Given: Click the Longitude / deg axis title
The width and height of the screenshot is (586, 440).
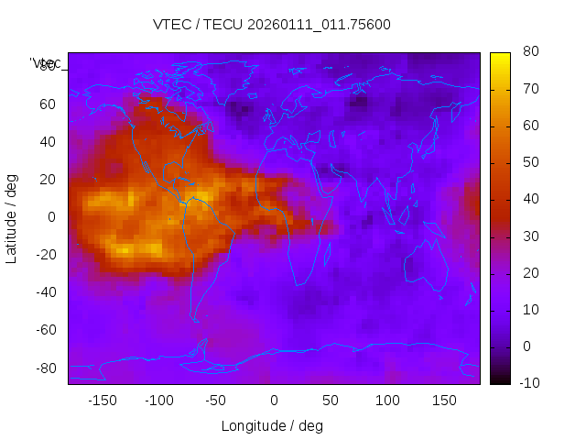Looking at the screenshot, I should [272, 425].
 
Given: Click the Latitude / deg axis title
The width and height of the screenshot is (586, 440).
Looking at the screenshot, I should [12, 217].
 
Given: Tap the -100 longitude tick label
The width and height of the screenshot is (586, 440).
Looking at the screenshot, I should [158, 400].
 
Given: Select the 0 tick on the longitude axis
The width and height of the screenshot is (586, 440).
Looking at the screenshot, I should [273, 400].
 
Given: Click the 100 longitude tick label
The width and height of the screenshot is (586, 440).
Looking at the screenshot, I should [387, 400].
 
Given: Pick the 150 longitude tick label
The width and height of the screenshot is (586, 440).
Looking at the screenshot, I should [444, 400].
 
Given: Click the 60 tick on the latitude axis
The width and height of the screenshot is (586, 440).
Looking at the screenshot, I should [48, 104].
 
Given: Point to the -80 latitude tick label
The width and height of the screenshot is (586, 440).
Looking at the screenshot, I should [46, 368].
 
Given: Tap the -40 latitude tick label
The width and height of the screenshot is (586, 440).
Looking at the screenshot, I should [46, 292].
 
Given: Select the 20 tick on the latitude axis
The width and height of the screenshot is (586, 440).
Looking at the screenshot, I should [48, 180].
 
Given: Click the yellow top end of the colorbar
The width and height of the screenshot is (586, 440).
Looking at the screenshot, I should [500, 56].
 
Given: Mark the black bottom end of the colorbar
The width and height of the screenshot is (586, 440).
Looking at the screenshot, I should [500, 379].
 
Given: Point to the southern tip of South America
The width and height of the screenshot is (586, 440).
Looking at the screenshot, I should [195, 319].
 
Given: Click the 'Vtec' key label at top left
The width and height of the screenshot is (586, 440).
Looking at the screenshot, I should [46, 63].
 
